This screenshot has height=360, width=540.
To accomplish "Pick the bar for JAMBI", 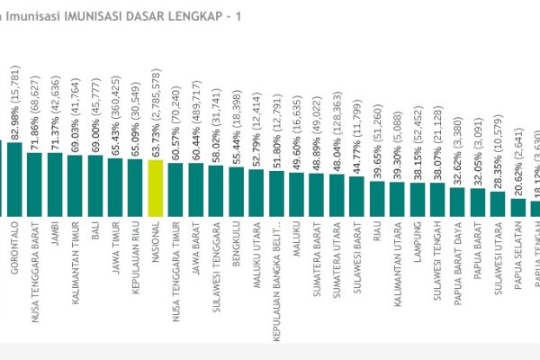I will pos(55,184).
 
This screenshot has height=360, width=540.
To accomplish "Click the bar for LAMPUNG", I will pos(417,199).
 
